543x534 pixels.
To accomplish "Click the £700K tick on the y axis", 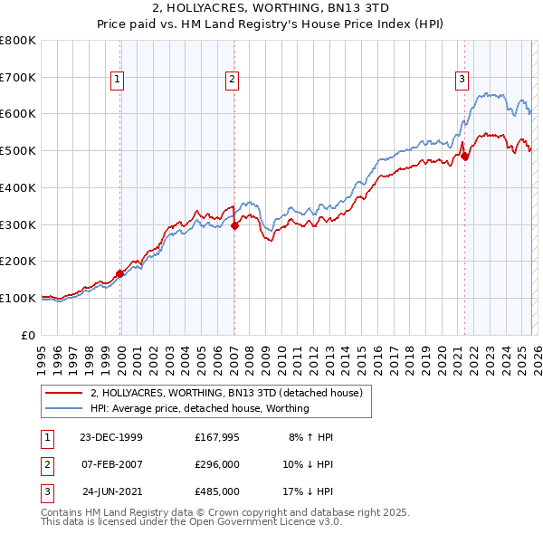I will [18, 77].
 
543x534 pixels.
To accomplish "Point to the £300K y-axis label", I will [18, 224].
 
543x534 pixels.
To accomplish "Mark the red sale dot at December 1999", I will [120, 273].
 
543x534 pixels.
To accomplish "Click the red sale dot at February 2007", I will [234, 226].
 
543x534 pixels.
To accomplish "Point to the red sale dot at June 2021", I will [465, 157].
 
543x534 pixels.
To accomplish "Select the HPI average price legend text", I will [199, 408].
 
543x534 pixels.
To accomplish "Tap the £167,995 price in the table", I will [216, 437].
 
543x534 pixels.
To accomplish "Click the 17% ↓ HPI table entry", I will [309, 491].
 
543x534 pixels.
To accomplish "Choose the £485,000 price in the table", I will [216, 491].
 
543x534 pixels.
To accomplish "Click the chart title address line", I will [271, 10].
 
